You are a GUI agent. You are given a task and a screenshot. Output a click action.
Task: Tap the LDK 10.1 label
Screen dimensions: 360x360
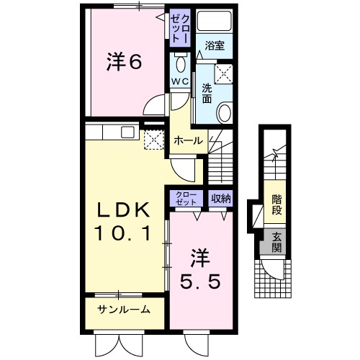[123, 221]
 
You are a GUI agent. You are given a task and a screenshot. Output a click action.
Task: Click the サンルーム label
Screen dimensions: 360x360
[124, 310]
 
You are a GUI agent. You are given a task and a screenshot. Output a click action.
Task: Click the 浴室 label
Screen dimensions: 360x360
[215, 45]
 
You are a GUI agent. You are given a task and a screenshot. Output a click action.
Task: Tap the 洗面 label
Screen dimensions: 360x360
[207, 92]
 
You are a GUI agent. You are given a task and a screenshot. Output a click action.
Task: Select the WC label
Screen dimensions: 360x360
[179, 81]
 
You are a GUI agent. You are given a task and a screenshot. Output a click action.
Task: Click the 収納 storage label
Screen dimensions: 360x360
[221, 197]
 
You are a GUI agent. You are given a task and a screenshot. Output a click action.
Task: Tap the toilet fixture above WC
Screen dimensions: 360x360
[179, 61]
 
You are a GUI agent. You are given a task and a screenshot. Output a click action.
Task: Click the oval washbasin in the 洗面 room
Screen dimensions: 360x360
[225, 113]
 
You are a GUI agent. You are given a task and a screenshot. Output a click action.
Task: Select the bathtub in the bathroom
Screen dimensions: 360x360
[215, 22]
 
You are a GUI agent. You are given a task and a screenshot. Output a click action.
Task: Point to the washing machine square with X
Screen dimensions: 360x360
[224, 73]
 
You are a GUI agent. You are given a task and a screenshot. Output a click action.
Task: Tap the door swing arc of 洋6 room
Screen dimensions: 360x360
[153, 106]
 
